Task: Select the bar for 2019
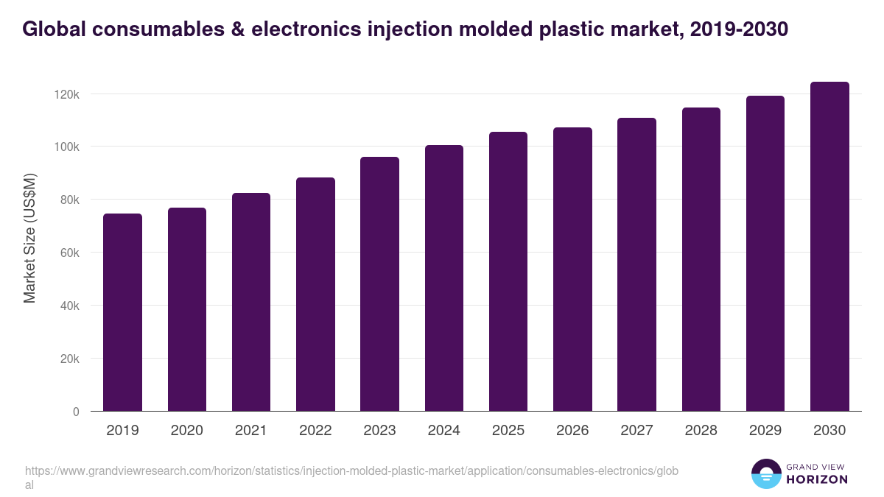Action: coord(122,312)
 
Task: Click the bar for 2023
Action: coord(379,284)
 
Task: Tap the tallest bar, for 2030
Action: coord(829,247)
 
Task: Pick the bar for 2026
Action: coord(572,269)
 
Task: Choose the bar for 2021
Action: coord(251,302)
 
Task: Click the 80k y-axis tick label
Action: coord(68,200)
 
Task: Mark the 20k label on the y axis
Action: coord(68,359)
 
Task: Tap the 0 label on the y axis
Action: coord(75,412)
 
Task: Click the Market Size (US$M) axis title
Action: coord(29,238)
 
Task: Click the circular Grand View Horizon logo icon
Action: coord(765,474)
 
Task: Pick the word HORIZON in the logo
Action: coord(818,479)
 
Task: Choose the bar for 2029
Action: coord(765,254)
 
